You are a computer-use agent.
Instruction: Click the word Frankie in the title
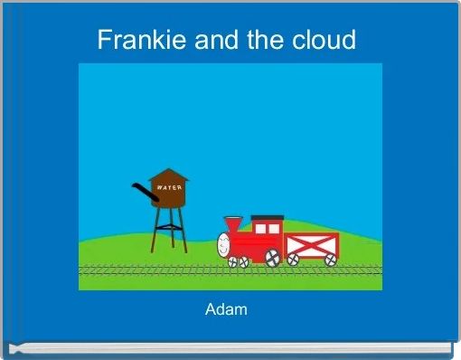(x=132, y=40)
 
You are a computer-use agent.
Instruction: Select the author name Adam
(x=226, y=310)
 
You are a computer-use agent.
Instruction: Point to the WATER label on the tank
(x=170, y=187)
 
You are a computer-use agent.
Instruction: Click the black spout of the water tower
(x=140, y=191)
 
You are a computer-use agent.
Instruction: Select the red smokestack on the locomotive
(x=233, y=223)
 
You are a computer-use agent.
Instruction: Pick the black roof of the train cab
(x=267, y=218)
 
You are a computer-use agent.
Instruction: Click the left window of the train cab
(x=259, y=229)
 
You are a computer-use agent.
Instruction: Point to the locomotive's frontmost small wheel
(x=232, y=261)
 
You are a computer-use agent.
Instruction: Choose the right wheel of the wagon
(x=330, y=260)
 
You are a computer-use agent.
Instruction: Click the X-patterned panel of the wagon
(x=311, y=243)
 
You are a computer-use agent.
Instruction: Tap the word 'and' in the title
(x=208, y=40)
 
